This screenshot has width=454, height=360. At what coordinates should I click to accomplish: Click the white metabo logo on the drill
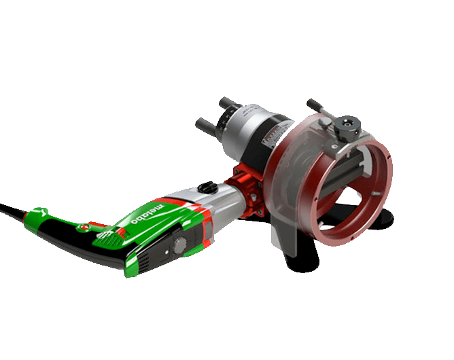(147, 214)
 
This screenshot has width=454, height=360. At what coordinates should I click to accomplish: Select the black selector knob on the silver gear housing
(207, 187)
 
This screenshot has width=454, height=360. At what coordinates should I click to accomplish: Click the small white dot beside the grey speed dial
(167, 253)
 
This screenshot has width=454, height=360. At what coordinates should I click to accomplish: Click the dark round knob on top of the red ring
(347, 124)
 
